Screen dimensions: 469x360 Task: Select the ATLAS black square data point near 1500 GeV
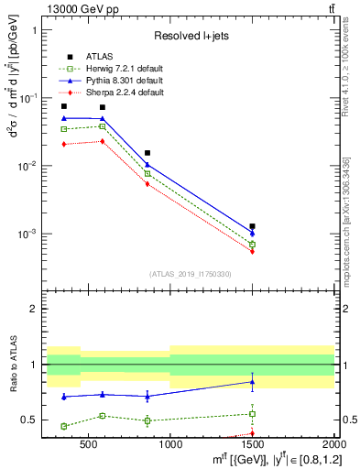(x=252, y=225)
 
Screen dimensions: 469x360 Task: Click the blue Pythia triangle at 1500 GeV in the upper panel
(x=252, y=233)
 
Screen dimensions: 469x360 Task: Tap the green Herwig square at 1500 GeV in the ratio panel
(x=252, y=414)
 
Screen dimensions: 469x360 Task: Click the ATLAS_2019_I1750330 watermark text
(x=190, y=274)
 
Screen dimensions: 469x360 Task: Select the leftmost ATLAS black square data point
(x=63, y=106)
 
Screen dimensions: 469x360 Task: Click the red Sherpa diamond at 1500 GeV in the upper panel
(x=252, y=251)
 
